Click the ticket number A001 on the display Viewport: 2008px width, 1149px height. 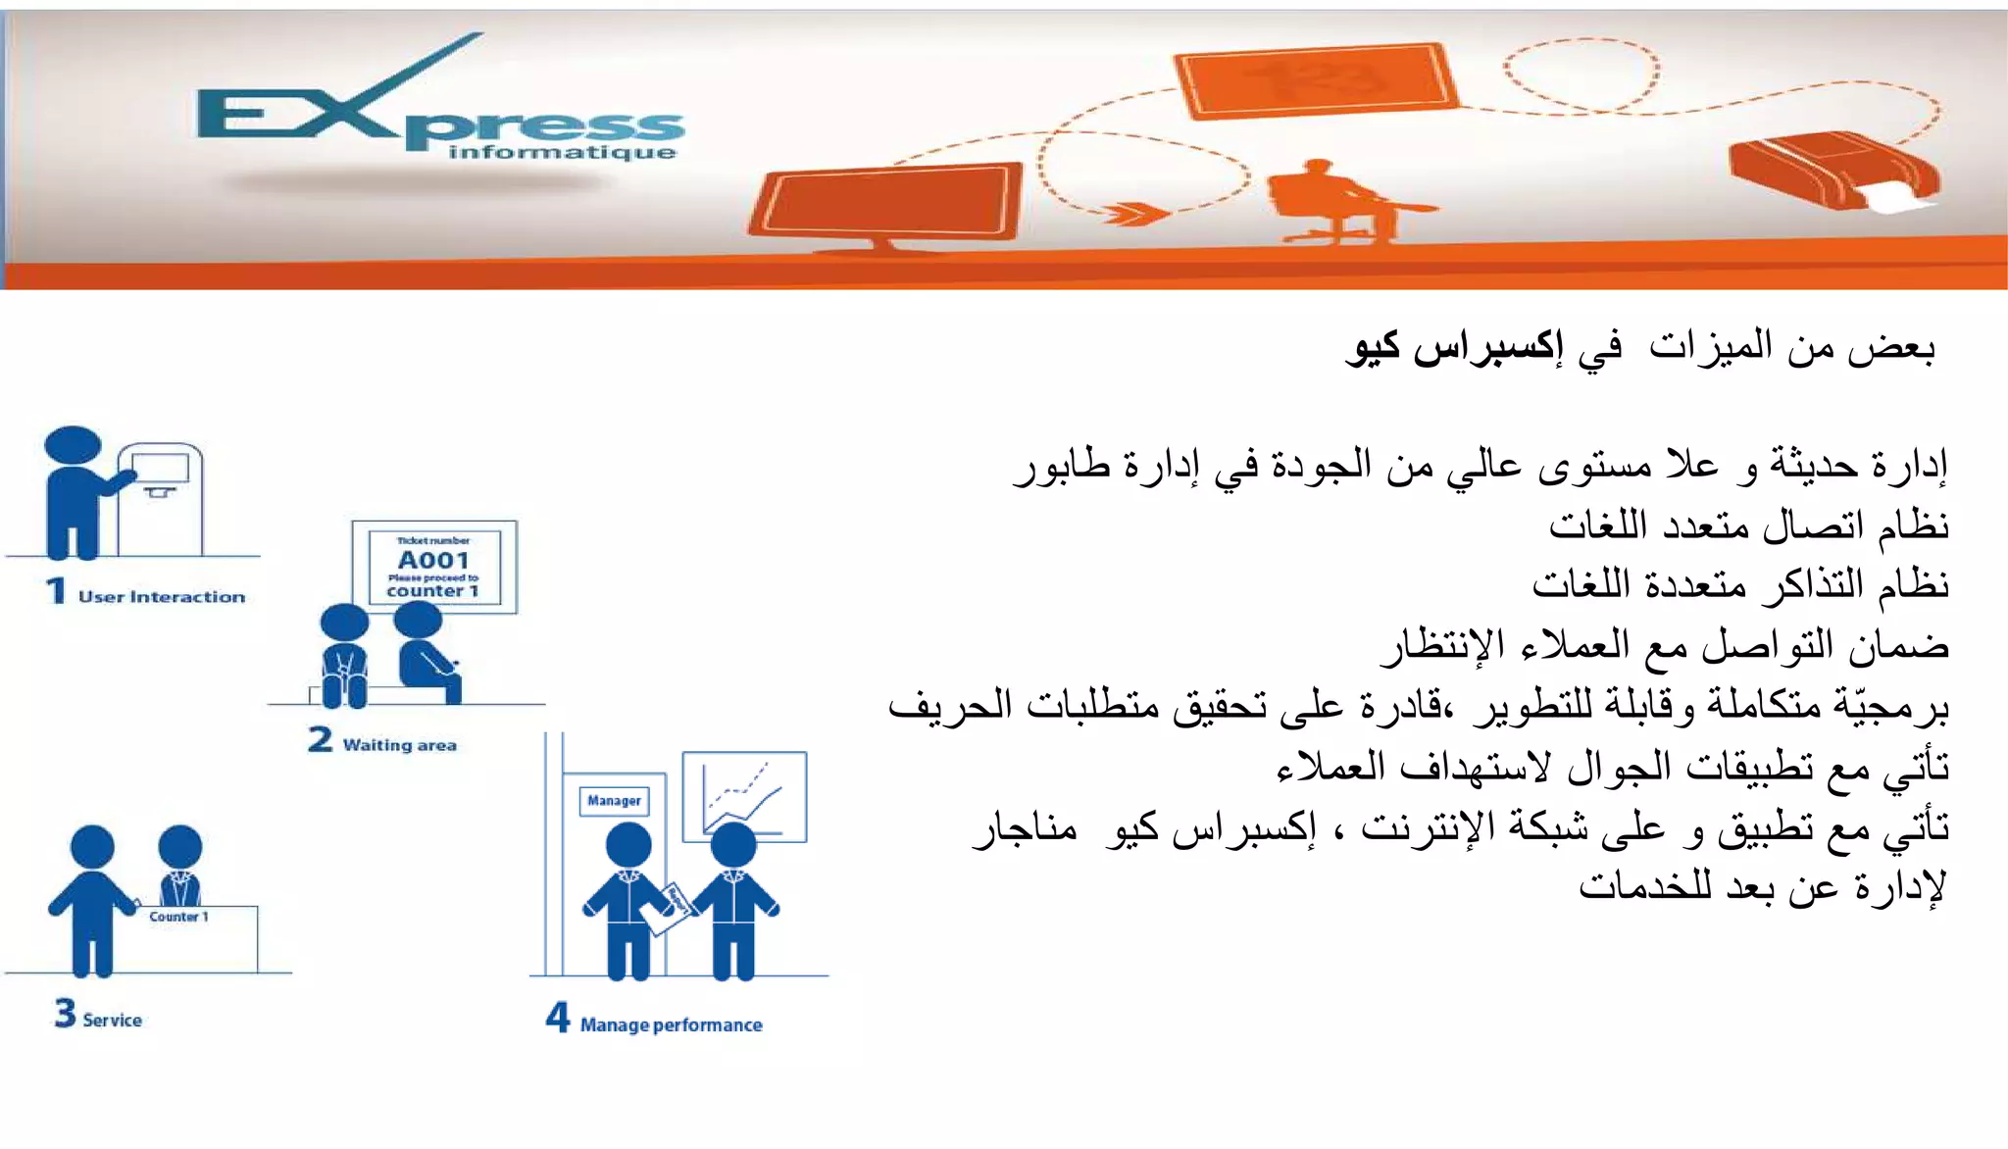pos(433,560)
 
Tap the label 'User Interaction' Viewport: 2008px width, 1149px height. pos(162,596)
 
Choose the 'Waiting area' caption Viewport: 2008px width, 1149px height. pos(399,745)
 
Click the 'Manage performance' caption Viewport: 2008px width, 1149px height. pos(671,1024)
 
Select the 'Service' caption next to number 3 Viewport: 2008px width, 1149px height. pos(112,1020)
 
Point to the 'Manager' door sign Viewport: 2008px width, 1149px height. pos(614,800)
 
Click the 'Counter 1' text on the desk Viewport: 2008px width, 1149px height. pos(178,917)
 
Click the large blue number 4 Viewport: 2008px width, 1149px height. pos(557,1017)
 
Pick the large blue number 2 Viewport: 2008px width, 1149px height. pos(320,739)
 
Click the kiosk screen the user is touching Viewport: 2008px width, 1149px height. pos(159,468)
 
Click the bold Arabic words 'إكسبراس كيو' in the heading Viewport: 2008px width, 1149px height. pos(1455,347)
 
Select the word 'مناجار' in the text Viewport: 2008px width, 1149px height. pos(1025,829)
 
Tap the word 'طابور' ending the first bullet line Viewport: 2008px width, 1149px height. pos(1063,466)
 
